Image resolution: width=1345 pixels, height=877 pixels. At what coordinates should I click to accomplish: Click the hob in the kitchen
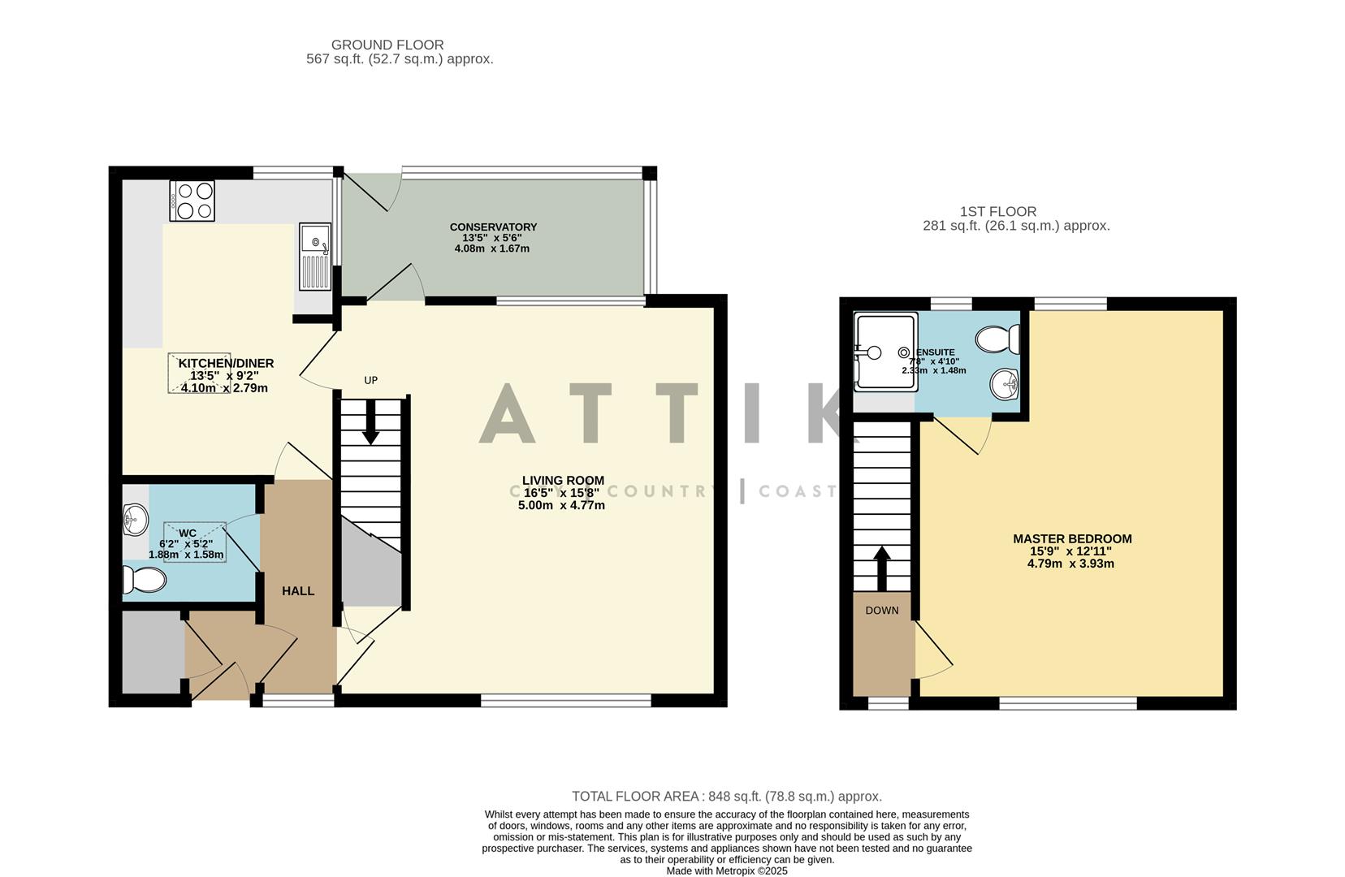[x=192, y=201]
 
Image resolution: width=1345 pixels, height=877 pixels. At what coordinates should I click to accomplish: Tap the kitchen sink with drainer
[x=314, y=256]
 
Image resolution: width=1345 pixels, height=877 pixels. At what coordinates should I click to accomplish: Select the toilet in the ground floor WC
[x=144, y=580]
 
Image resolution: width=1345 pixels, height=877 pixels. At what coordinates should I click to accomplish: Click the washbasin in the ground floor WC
[x=136, y=519]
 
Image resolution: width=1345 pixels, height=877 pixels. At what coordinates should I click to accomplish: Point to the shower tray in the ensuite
[x=885, y=352]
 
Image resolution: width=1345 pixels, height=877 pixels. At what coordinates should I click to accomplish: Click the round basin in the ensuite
[x=1004, y=383]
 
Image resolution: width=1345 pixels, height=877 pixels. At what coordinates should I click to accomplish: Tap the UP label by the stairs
[x=370, y=380]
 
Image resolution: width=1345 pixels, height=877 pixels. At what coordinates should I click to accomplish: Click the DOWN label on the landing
[x=881, y=611]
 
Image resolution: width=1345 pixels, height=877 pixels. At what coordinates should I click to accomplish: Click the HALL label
[x=298, y=591]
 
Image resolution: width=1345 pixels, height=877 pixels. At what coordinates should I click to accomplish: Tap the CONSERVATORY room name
[x=493, y=227]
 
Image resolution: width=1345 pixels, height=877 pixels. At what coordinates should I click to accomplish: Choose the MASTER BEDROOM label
[x=1071, y=538]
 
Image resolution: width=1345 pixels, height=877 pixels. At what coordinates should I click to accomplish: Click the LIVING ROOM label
[x=563, y=481]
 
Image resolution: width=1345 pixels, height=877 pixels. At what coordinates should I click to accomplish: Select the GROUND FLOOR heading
[x=387, y=45]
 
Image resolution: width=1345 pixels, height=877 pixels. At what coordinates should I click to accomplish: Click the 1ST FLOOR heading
[x=997, y=212]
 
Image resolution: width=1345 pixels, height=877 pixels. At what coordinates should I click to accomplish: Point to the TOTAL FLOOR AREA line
[x=726, y=797]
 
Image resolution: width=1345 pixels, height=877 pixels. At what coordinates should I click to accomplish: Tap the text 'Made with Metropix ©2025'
[x=726, y=871]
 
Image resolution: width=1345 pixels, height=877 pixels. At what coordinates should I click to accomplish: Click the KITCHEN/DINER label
[x=226, y=363]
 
